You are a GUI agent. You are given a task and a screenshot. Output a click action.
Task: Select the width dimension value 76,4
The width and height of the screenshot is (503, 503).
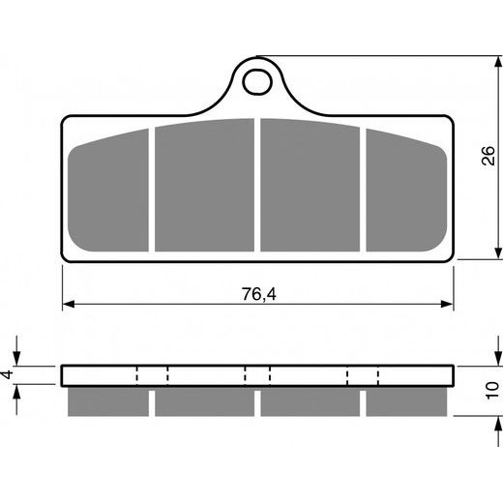[x=256, y=287]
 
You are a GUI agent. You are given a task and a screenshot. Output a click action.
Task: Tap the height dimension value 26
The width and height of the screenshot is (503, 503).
[x=489, y=158]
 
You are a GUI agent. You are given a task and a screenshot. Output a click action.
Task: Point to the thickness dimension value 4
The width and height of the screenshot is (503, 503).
[x=7, y=374]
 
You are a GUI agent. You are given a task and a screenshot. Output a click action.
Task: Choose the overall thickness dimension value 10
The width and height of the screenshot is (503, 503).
[x=492, y=390]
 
